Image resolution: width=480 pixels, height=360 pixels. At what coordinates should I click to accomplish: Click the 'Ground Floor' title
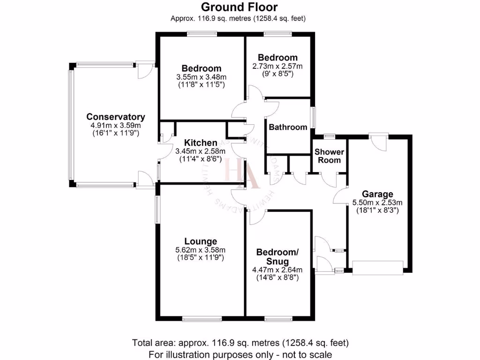pyautogui.click(x=240, y=7)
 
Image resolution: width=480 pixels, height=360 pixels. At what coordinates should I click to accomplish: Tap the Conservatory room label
pyautogui.click(x=115, y=117)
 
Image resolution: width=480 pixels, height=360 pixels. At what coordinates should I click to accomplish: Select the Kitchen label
pyautogui.click(x=200, y=143)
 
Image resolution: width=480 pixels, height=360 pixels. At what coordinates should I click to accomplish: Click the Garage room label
pyautogui.click(x=377, y=194)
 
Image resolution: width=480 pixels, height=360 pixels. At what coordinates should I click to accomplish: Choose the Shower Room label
pyautogui.click(x=329, y=156)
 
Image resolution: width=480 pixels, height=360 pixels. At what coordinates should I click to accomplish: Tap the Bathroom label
pyautogui.click(x=288, y=127)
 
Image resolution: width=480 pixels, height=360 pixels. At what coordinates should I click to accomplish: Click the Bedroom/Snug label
pyautogui.click(x=277, y=256)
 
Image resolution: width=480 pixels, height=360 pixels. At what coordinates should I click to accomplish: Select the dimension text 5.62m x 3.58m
pyautogui.click(x=200, y=250)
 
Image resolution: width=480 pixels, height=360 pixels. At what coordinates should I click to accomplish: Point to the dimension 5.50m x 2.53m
pyautogui.click(x=377, y=202)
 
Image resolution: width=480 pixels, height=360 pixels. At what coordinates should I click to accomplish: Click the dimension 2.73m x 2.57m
pyautogui.click(x=277, y=66)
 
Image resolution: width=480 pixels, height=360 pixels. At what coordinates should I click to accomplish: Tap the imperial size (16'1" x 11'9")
pyautogui.click(x=115, y=133)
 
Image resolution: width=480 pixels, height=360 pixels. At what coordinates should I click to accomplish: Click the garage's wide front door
pyautogui.click(x=377, y=268)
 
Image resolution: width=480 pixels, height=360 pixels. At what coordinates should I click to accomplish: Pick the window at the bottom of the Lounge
pyautogui.click(x=202, y=319)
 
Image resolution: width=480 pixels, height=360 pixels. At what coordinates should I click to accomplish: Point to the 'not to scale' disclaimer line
pyautogui.click(x=240, y=354)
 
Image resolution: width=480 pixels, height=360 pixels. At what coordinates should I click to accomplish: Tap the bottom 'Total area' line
pyautogui.click(x=240, y=343)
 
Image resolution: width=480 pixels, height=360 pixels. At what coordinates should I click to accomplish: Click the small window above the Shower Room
pyautogui.click(x=330, y=136)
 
